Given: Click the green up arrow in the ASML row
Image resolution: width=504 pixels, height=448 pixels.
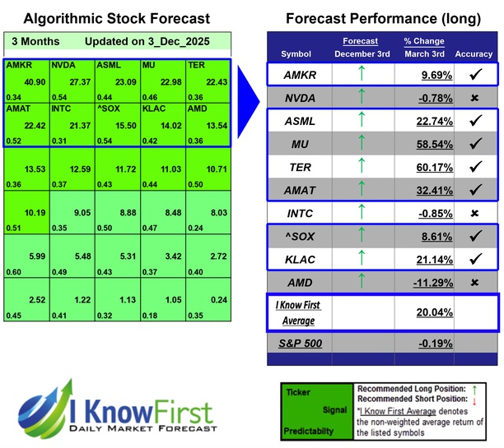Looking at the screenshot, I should tap(362, 122).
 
